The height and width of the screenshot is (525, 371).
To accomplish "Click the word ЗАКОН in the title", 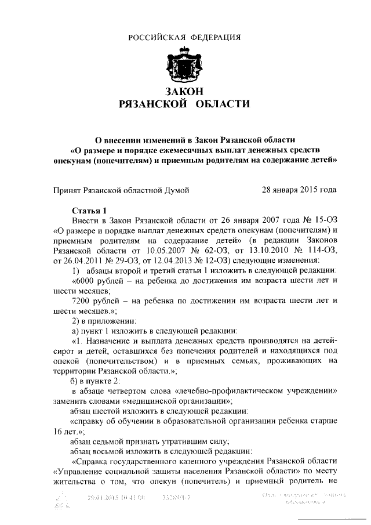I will click(184, 92).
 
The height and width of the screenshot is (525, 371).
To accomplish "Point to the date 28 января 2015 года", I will click(299, 189).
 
